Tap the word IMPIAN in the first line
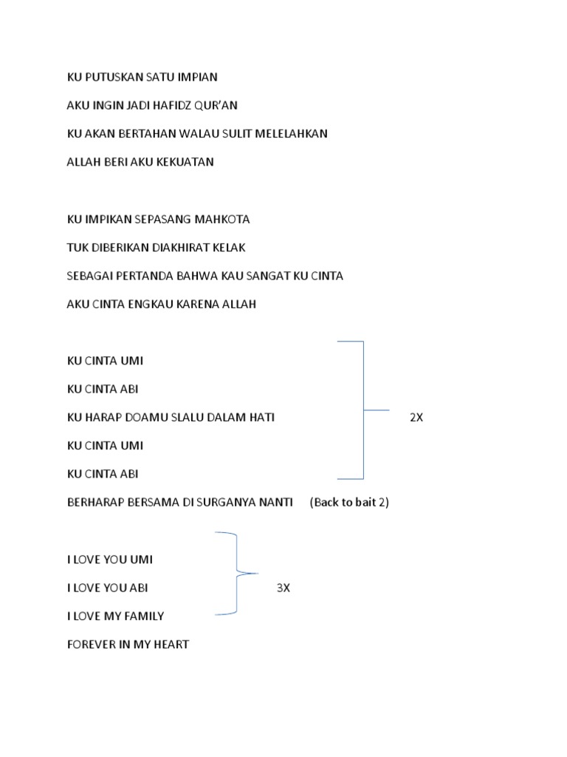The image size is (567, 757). [198, 77]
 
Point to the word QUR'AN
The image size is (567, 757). [217, 105]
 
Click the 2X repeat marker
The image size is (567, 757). [416, 418]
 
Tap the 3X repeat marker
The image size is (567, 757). [283, 588]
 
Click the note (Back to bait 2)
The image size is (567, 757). [349, 503]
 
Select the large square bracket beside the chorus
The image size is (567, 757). [362, 409]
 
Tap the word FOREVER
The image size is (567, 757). [91, 644]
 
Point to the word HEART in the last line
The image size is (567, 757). [171, 644]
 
